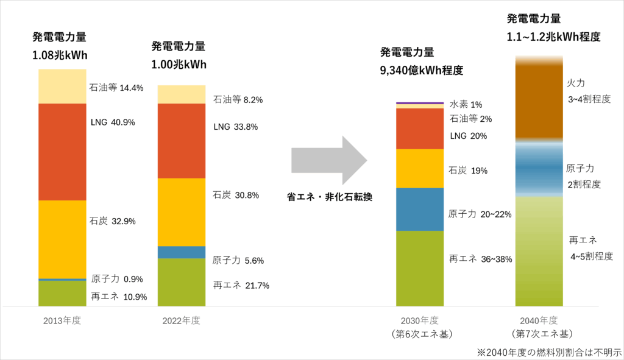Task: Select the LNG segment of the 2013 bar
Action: point(62,152)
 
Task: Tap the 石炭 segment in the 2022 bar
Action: point(182,212)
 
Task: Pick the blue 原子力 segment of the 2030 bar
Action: point(420,209)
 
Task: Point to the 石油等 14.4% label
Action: point(116,88)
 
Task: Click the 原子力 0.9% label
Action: point(117,280)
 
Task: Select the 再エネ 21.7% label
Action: point(241,285)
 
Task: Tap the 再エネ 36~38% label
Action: point(480,259)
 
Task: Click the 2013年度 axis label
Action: point(62,320)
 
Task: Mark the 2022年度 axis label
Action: point(181,320)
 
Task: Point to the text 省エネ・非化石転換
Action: point(330,197)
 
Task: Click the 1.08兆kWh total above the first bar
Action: point(60,56)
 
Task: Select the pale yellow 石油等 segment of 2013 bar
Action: point(62,86)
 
